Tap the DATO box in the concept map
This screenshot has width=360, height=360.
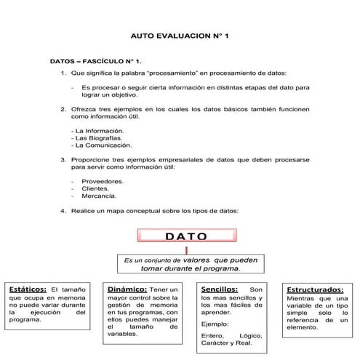(x=186, y=236)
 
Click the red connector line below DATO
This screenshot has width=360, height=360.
(x=186, y=249)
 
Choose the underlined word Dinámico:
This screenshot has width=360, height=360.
(x=127, y=289)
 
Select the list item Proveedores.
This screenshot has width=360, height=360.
(x=103, y=181)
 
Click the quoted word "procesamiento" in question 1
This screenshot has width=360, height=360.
(x=164, y=73)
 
